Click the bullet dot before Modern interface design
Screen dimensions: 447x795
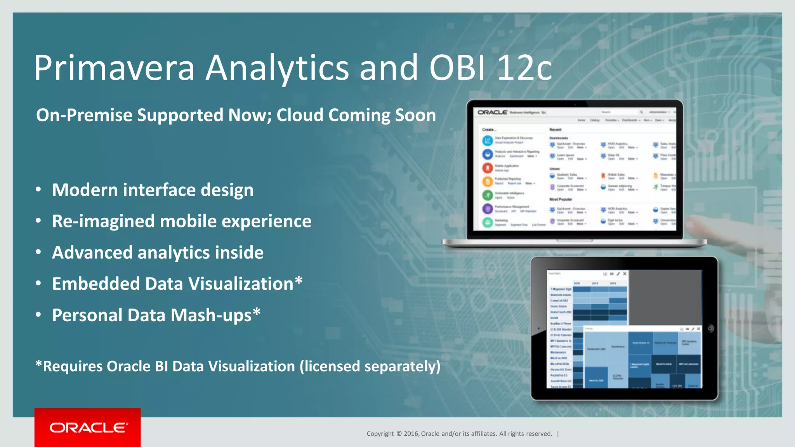click(x=38, y=189)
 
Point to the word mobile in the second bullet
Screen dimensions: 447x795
click(x=188, y=221)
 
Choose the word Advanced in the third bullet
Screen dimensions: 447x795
click(x=92, y=253)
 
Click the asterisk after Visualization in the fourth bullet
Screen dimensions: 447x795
click(x=299, y=280)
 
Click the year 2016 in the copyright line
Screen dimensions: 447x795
click(x=411, y=434)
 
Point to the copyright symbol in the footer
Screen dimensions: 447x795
click(x=399, y=434)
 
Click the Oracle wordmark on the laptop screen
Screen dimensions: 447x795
click(x=492, y=113)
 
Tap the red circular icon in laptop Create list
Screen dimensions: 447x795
click(x=488, y=168)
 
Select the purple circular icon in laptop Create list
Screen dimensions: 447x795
click(x=488, y=209)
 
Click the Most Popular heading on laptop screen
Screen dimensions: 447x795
click(x=560, y=199)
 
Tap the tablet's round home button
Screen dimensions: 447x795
click(x=710, y=328)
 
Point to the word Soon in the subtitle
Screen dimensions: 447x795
click(x=415, y=115)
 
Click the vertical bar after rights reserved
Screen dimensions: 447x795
click(x=558, y=434)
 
